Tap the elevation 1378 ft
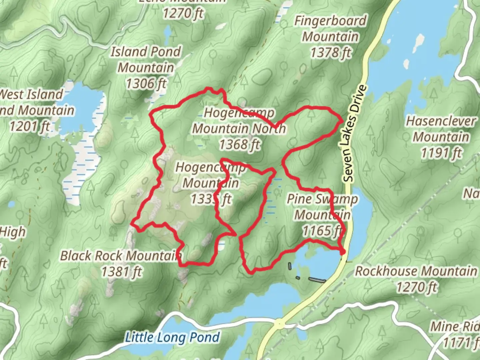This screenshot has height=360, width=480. pos(331,53)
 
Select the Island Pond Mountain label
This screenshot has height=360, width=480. pos(146,59)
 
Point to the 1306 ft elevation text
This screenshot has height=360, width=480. pos(146,83)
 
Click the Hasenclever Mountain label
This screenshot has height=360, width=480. pos(441,129)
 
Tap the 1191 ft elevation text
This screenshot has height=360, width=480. pos(441,153)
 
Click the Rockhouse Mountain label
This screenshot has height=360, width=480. pos(416,271)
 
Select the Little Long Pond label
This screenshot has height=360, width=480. pos(172,337)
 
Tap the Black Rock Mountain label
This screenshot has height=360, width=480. pos(121,256)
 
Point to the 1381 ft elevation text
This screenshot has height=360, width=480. pos(121,272)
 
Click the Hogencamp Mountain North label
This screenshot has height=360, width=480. pos(239,121)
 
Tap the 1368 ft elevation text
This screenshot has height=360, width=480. pos(239,145)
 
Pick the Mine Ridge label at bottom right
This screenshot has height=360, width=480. pos(455,327)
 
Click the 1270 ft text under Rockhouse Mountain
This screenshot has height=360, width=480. pos(416,287)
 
